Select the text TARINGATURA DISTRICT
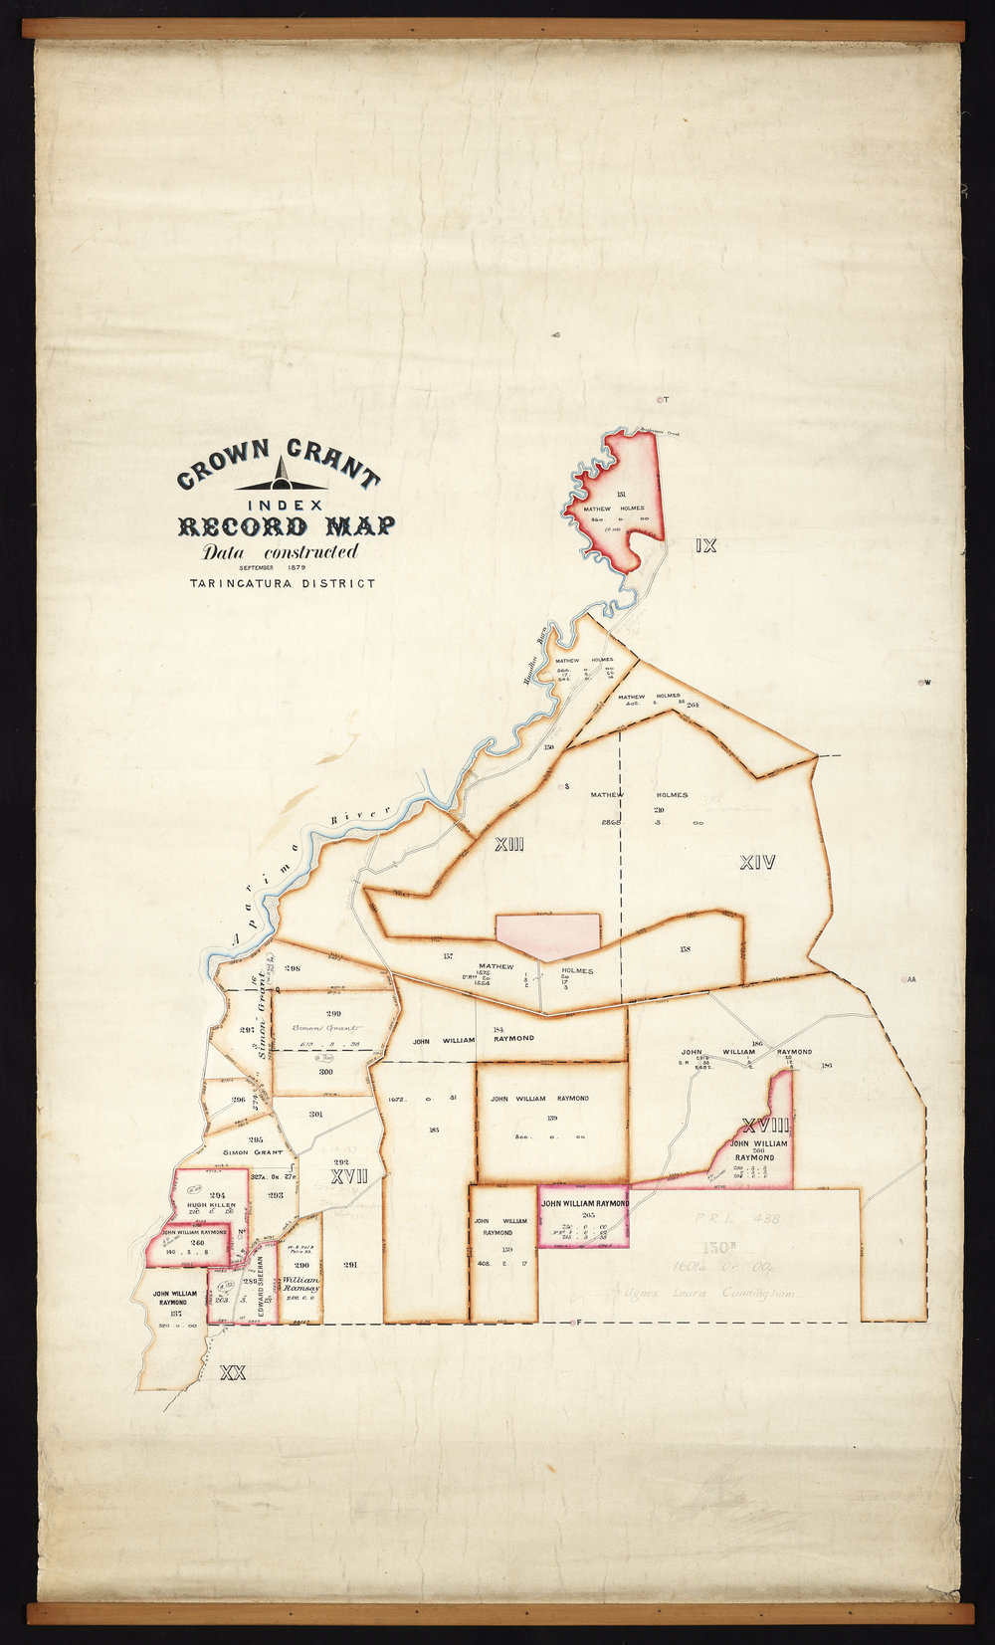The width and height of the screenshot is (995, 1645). [283, 583]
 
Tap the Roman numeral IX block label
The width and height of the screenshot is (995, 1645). [706, 545]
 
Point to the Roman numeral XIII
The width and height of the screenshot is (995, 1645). [508, 846]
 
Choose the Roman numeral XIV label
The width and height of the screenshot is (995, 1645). [757, 863]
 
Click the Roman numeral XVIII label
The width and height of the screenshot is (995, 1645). [765, 1127]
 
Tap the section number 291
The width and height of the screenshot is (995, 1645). [350, 1266]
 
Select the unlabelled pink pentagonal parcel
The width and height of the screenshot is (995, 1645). [548, 935]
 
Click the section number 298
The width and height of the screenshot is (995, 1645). [292, 968]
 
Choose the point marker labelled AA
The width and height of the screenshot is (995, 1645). [909, 980]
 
